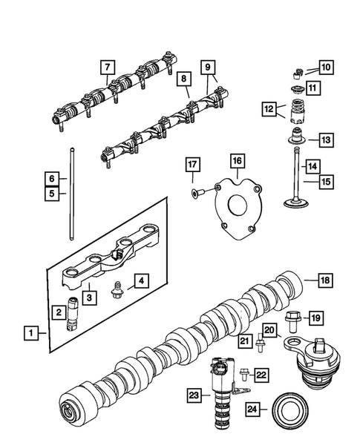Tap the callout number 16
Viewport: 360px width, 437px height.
(x=236, y=161)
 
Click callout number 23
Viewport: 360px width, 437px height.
(x=194, y=396)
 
